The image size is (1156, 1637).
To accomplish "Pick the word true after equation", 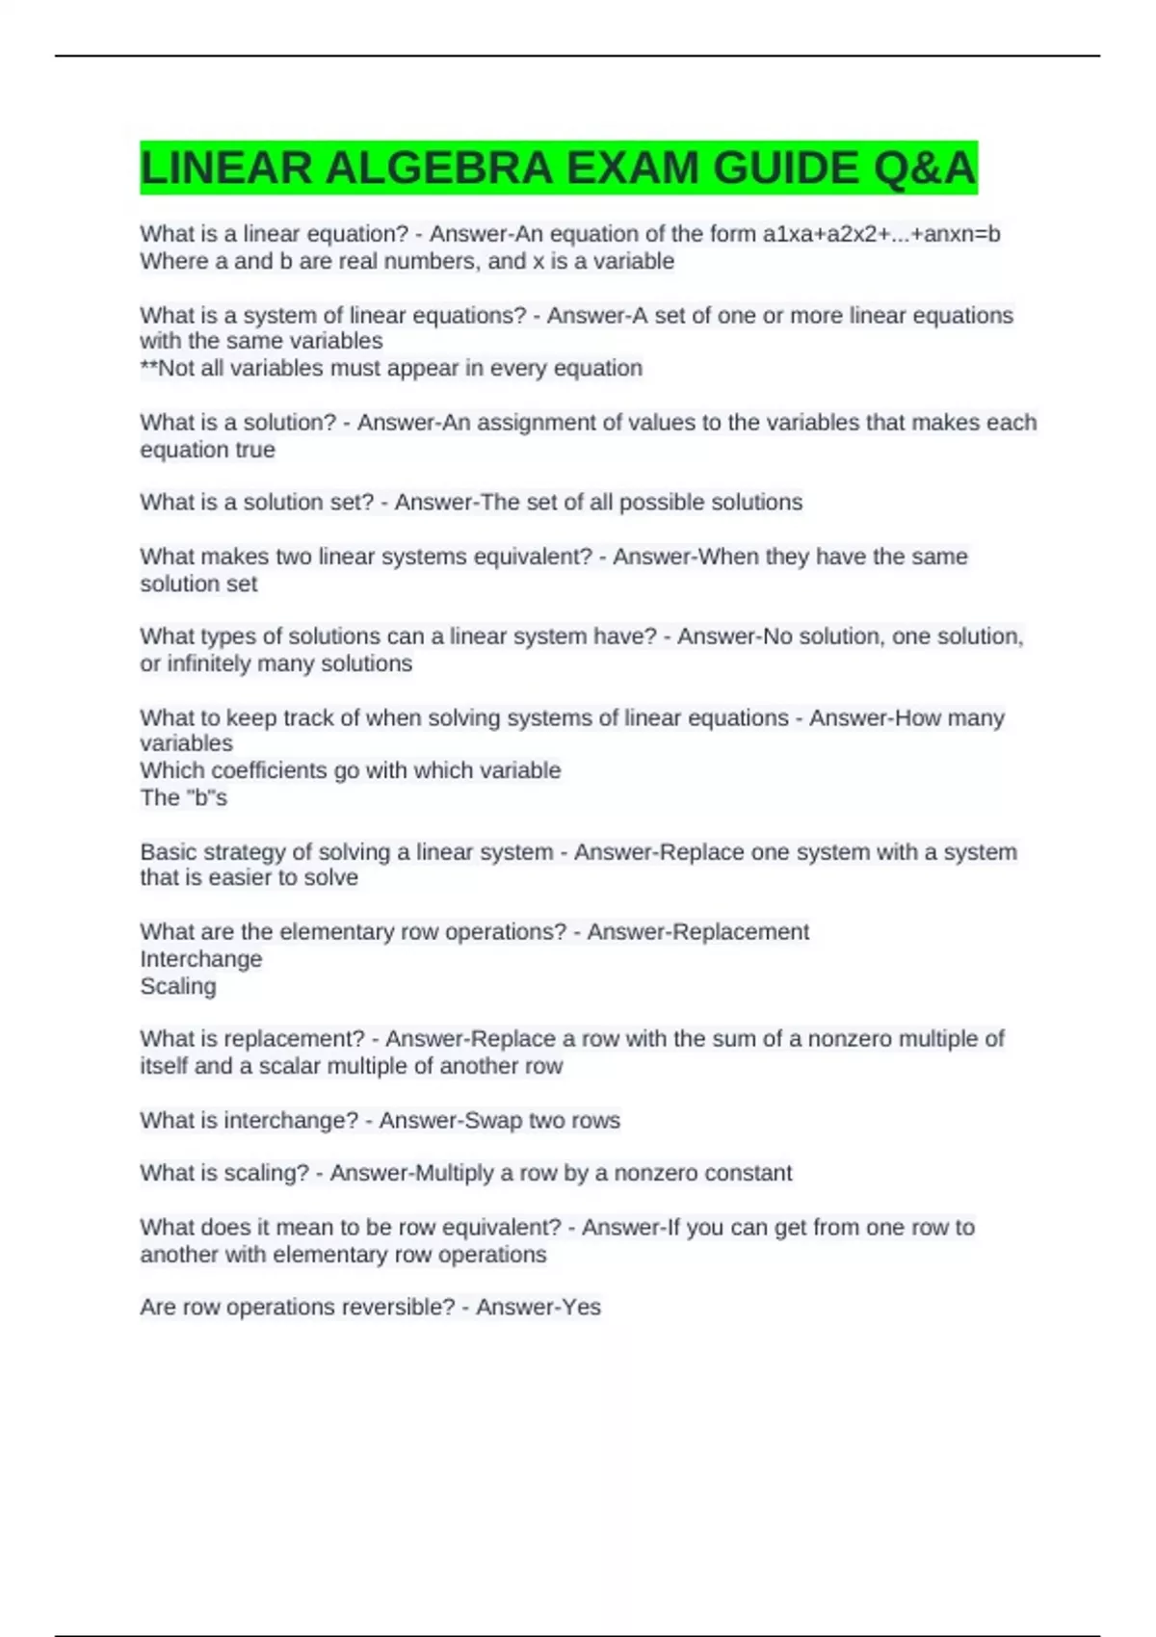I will coord(254,450).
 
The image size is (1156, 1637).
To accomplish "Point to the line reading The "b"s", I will coord(183,797).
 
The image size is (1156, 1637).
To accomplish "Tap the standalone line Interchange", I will coord(200,959).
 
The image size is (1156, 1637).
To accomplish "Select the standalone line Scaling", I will coord(178,986).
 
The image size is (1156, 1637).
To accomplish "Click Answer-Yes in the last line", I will coord(539,1307).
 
